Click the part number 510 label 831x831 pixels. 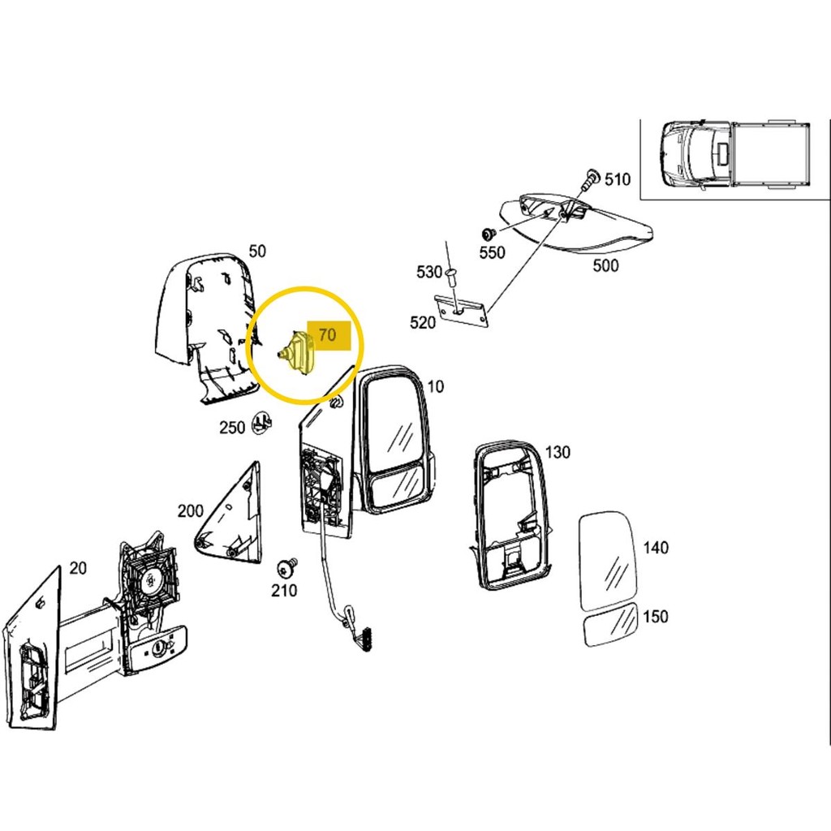coord(618,179)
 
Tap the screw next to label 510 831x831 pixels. coord(591,179)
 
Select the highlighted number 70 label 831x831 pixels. coord(328,335)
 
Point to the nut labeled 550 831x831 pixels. coord(488,234)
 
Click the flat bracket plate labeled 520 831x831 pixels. coord(461,311)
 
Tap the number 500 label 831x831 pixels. coord(605,265)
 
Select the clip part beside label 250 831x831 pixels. coord(262,422)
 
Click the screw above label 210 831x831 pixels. coord(287,568)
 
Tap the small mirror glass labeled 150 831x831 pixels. coord(610,626)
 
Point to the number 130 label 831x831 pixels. coord(558,452)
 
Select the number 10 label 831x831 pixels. coord(435,386)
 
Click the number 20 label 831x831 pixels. coord(78,567)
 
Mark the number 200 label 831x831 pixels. coord(190,511)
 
